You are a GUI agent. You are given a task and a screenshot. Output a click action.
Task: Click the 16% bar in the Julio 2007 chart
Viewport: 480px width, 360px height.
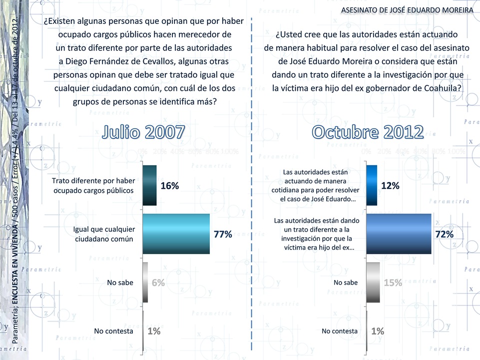(x=150, y=185)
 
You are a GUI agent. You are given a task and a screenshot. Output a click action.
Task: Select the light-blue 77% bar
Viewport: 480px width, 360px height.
(x=176, y=234)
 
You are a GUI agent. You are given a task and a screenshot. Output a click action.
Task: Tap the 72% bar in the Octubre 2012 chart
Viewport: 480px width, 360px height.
(x=398, y=234)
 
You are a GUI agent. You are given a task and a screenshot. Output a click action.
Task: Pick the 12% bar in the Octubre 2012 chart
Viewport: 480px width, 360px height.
(x=371, y=185)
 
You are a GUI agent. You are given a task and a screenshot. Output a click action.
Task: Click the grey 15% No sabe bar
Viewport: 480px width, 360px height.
(x=373, y=282)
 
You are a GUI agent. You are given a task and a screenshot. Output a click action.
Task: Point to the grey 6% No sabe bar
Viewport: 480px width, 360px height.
(x=145, y=282)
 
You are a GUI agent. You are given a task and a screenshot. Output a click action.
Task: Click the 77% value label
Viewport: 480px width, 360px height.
(x=223, y=234)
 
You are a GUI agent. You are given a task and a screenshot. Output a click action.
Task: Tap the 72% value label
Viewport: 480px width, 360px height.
(x=444, y=234)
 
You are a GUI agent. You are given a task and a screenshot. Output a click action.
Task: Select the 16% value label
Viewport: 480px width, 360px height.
(x=169, y=186)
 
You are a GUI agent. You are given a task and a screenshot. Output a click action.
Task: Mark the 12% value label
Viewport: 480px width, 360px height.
(x=390, y=186)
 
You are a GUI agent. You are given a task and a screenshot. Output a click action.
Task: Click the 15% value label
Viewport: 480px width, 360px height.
(x=393, y=283)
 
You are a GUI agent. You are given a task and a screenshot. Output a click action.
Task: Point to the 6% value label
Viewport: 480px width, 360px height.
(x=158, y=283)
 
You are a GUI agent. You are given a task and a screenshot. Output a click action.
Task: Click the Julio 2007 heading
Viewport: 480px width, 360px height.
(x=144, y=132)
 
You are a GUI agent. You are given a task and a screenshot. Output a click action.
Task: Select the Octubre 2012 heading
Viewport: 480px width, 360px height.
(x=368, y=132)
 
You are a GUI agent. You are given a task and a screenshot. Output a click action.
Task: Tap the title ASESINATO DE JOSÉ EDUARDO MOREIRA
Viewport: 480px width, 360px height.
(x=407, y=10)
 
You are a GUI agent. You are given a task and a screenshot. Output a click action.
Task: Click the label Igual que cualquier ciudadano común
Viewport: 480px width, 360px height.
(x=104, y=234)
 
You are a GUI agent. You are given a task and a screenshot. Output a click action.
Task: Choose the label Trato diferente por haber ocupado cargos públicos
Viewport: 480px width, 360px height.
(x=93, y=185)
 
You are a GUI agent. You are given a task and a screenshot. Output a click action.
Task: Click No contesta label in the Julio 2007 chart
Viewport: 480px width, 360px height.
(x=113, y=331)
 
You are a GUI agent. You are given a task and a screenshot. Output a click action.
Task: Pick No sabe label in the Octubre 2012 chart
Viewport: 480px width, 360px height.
(x=346, y=283)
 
